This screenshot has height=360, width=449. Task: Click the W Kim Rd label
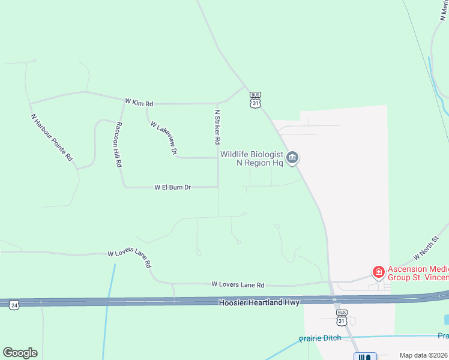[139, 103]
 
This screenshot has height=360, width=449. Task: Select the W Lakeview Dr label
[163, 139]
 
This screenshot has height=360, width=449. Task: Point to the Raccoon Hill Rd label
[119, 145]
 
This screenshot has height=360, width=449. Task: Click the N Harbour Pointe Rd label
[52, 137]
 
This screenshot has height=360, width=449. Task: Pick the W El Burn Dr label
[172, 188]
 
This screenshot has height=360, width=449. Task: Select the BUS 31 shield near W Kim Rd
[256, 100]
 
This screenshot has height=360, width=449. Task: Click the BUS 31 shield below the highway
[342, 317]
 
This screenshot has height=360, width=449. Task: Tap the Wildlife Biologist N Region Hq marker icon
[292, 158]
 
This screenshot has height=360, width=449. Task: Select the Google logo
[20, 353]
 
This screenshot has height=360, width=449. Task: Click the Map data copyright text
[424, 355]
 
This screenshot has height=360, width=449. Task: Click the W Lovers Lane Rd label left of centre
[129, 259]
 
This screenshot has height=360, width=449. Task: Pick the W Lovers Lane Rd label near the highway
[238, 285]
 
